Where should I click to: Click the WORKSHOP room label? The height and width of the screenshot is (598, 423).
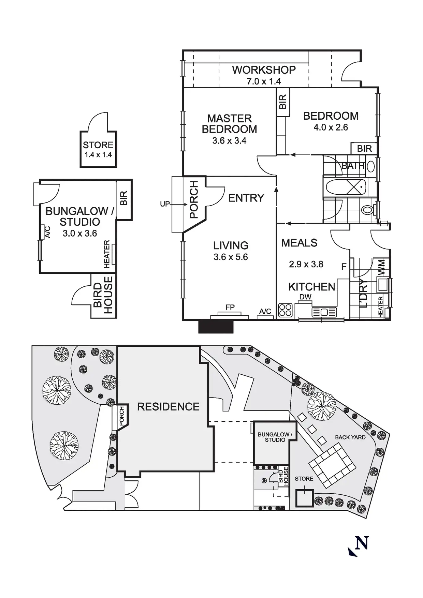pos(264,70)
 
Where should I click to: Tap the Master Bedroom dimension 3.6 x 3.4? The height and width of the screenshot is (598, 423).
pos(229,140)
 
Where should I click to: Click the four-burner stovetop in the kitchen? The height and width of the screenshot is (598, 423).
pos(286,310)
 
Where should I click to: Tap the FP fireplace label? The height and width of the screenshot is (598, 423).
pos(230,307)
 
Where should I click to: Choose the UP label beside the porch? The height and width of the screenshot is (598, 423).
pos(165,204)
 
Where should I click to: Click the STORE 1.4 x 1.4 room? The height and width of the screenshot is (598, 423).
pos(98,149)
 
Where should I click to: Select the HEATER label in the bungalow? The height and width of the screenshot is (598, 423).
pos(107,254)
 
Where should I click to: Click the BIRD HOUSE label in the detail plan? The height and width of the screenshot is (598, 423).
pos(103,295)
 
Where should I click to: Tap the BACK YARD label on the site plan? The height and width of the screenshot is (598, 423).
pos(350,437)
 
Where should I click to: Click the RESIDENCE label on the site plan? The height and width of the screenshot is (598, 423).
pos(168,406)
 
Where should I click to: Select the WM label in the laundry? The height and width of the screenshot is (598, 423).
pos(382,268)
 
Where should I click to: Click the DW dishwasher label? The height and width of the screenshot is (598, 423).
pos(305,297)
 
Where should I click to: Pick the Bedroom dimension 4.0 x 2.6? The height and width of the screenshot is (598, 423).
pos(331,128)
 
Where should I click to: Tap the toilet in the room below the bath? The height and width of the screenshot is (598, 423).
pos(367,210)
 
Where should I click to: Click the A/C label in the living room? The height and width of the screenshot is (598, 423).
pos(265,311)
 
